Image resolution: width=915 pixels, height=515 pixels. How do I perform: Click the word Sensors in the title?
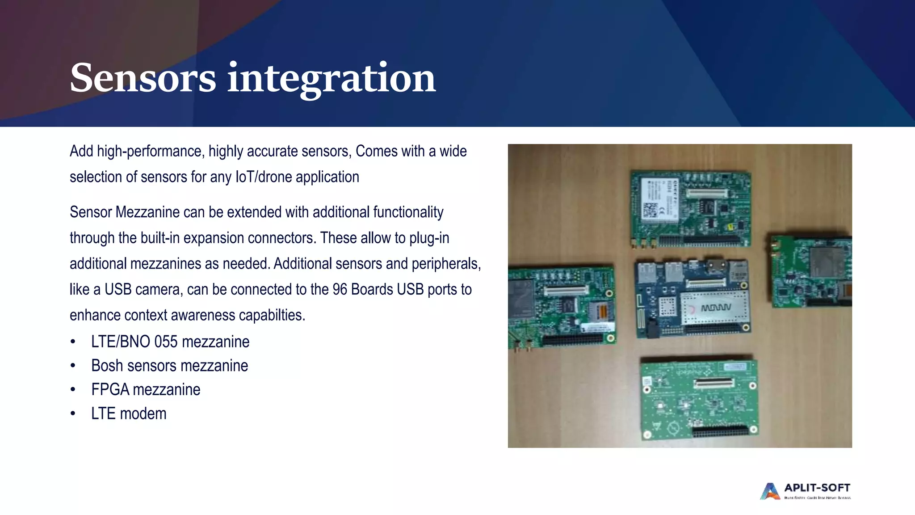143,78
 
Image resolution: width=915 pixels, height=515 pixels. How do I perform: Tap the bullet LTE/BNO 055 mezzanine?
170,342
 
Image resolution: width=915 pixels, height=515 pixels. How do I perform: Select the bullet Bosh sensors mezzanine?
169,366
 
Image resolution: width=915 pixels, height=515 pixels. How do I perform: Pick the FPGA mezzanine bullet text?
146,390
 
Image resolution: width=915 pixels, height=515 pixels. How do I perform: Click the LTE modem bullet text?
129,414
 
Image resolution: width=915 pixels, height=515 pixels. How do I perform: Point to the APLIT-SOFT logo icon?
769,491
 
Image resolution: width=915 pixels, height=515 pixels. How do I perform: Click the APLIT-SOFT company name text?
817,488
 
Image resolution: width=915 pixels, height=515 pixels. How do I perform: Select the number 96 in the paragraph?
340,290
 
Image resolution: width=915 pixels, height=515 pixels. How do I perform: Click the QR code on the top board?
650,210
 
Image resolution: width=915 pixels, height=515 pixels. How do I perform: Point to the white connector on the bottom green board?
714,383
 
